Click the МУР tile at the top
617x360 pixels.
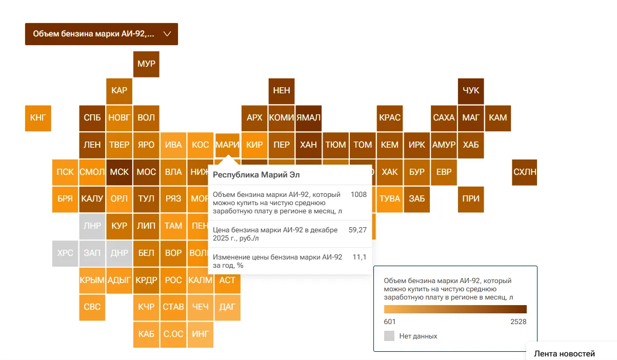[146, 64]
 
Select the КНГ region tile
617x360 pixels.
[38, 118]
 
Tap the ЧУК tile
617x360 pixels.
[471, 91]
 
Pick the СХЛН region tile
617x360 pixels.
[525, 172]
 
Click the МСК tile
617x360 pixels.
[120, 172]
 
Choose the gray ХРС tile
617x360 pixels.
[65, 253]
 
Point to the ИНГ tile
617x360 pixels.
[200, 334]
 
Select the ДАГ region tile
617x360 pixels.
[227, 307]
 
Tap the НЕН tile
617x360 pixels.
[282, 91]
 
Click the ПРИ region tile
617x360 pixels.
[471, 199]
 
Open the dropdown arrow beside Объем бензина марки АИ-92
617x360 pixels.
[167, 34]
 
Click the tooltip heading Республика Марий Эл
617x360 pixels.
[256, 175]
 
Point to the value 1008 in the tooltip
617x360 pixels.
[359, 195]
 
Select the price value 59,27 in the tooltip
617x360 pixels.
[357, 230]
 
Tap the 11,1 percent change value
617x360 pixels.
[359, 257]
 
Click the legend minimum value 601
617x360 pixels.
[390, 322]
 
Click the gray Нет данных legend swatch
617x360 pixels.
[389, 336]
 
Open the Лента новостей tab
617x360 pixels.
[564, 353]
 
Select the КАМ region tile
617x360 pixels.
[498, 118]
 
